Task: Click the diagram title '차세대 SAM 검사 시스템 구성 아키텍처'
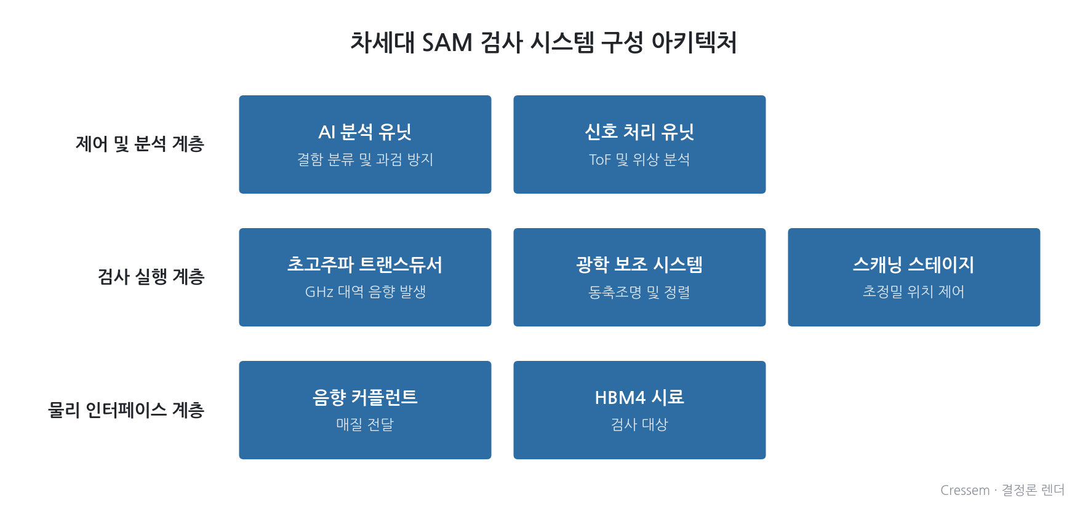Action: tap(543, 42)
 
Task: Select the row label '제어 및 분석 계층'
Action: tap(140, 144)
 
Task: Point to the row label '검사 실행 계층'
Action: tap(151, 277)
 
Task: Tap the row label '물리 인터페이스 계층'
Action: tap(126, 409)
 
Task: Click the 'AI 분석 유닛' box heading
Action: tap(365, 132)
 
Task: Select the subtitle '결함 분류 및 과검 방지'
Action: tap(365, 159)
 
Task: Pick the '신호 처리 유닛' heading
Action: tap(639, 132)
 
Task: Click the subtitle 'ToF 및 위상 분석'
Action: tap(639, 159)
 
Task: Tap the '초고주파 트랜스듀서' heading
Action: tap(365, 264)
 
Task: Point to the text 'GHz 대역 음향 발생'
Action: tap(365, 291)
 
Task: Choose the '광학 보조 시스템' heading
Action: tap(639, 264)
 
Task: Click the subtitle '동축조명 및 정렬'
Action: tap(639, 291)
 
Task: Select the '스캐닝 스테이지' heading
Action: tap(914, 264)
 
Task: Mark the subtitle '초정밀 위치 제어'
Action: tap(914, 291)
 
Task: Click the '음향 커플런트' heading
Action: tap(365, 397)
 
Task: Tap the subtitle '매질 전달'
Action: tap(365, 424)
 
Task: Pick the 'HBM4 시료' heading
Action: tap(639, 397)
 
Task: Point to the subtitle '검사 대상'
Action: tap(639, 424)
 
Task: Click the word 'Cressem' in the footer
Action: tap(965, 490)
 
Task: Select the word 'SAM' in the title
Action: tap(447, 42)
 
